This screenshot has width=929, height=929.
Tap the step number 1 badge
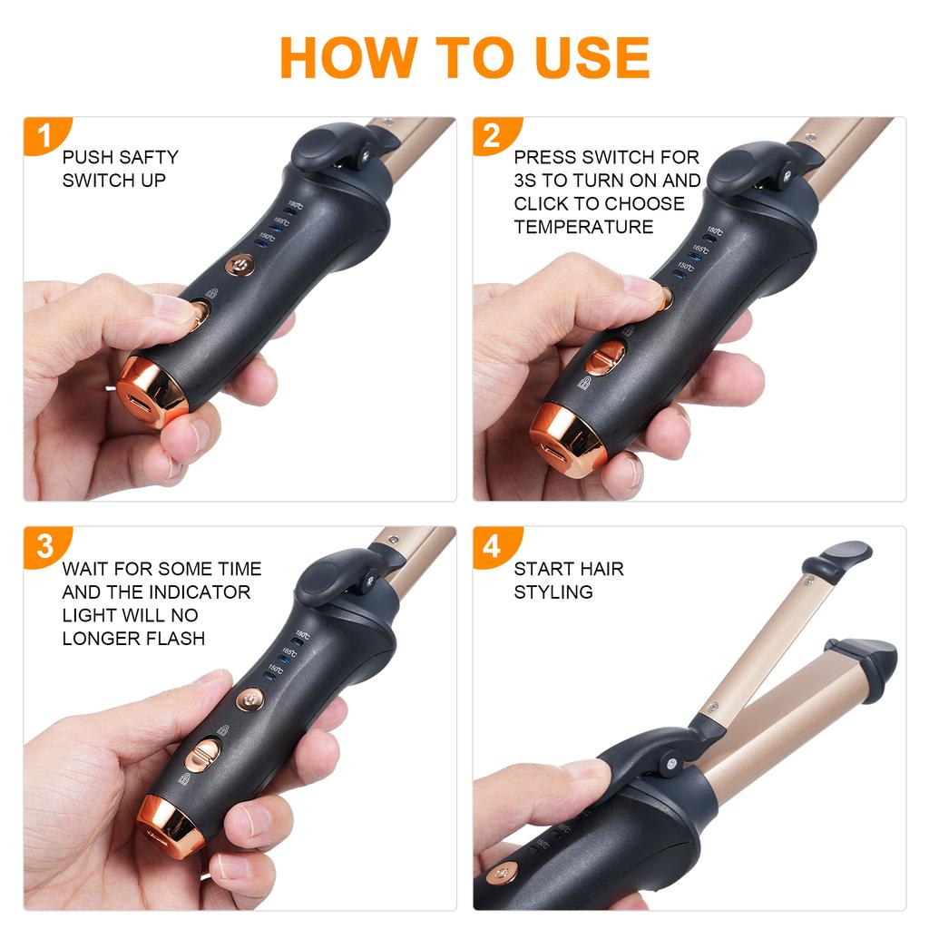pos(42,135)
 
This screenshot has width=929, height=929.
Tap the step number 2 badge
pos(491,135)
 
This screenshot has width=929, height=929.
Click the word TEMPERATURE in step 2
pos(583,227)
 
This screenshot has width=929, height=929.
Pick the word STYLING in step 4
pos(553,592)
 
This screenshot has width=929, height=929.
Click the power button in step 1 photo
pos(239,265)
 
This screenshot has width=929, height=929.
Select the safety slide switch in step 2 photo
pos(604,356)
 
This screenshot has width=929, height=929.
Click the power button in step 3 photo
pos(249,699)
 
